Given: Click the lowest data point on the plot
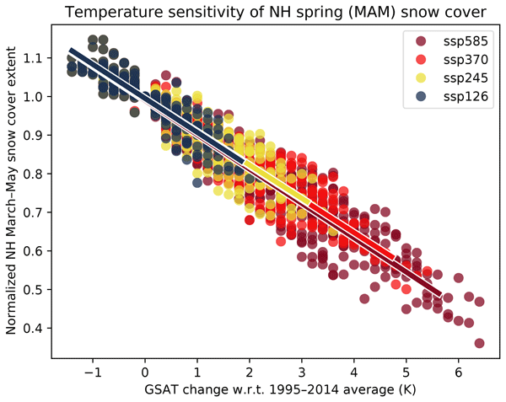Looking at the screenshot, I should [x=479, y=343].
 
